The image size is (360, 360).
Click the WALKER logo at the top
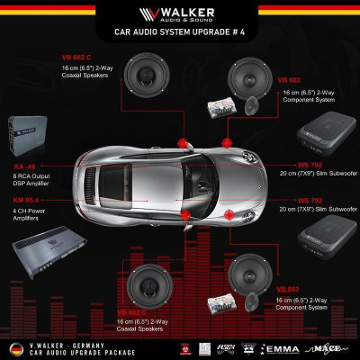coord(180,15)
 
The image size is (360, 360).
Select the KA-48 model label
coord(24,166)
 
